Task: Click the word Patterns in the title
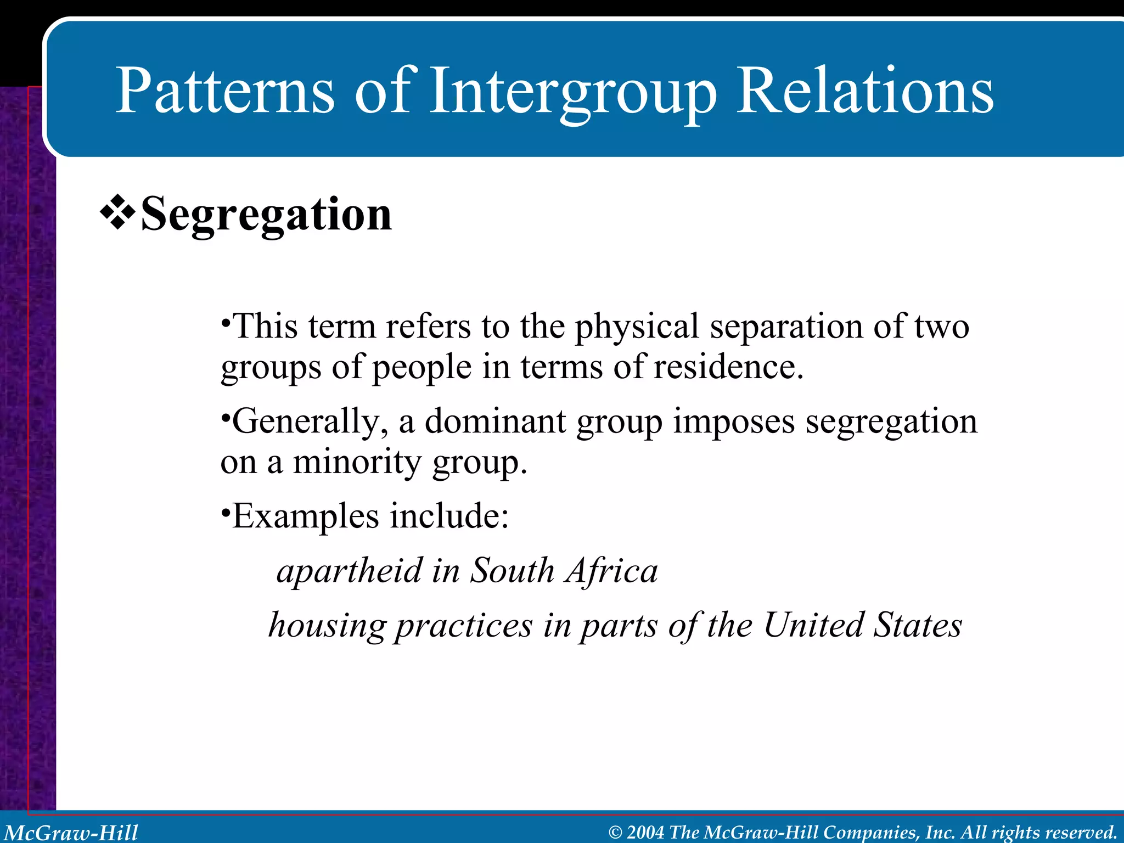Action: pos(224,91)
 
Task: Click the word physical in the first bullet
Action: pos(637,327)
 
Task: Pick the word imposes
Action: pos(734,421)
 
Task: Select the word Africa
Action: pos(612,571)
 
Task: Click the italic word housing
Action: pos(328,625)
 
